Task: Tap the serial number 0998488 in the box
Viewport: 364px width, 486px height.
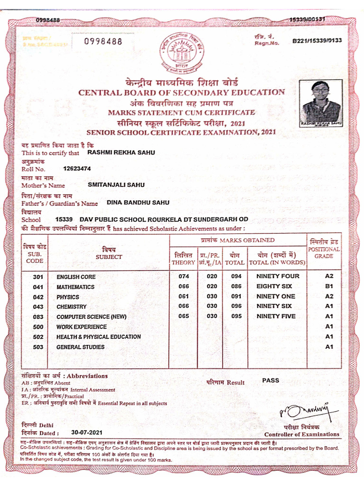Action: point(103,42)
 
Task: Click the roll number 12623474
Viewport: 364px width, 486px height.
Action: point(77,168)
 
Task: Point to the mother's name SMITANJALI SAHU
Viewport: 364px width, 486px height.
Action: point(116,185)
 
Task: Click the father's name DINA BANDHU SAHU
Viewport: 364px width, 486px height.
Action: point(138,202)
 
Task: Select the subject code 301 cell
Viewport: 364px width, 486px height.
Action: point(38,277)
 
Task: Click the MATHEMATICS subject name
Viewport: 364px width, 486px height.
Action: point(75,287)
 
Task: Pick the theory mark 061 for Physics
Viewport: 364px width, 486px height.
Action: point(183,297)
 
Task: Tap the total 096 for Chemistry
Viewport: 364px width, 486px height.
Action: point(236,307)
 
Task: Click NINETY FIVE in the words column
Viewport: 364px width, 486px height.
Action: point(276,317)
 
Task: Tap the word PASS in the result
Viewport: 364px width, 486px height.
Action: point(271,381)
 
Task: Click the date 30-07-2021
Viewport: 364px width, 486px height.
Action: point(87,432)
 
